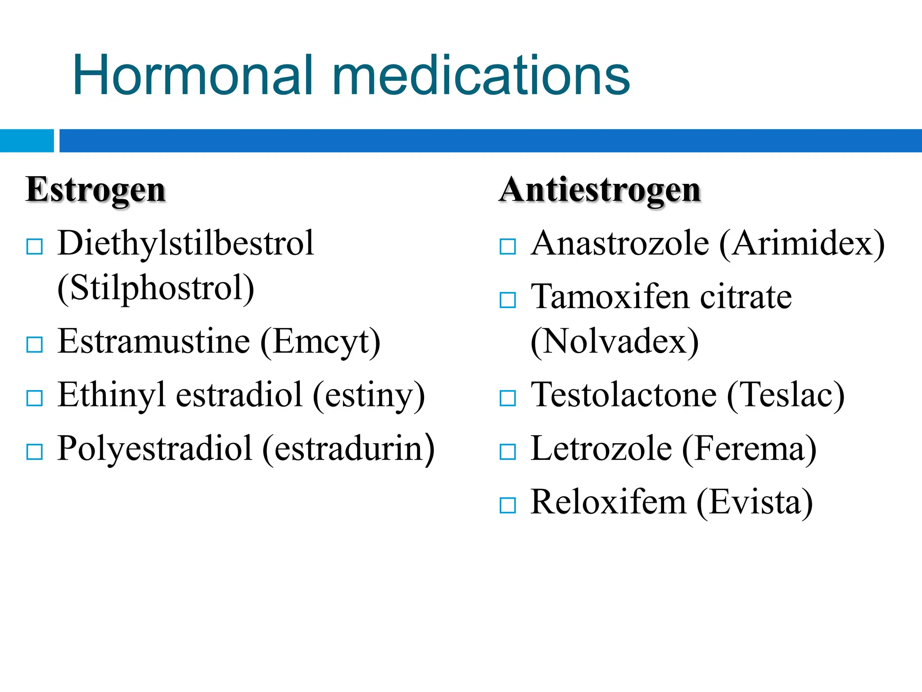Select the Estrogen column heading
click(x=96, y=190)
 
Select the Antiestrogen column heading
click(x=600, y=190)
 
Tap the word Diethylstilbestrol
click(x=185, y=243)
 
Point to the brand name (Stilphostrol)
click(x=156, y=288)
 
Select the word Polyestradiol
click(x=155, y=449)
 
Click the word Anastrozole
click(x=620, y=243)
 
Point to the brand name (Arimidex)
click(x=802, y=244)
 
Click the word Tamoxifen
click(x=610, y=297)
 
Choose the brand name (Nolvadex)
click(x=615, y=342)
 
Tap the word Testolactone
click(x=624, y=395)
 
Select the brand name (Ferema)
click(x=749, y=449)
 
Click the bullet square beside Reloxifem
click(x=508, y=505)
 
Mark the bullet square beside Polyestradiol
click(x=35, y=452)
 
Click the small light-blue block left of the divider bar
click(x=27, y=141)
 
